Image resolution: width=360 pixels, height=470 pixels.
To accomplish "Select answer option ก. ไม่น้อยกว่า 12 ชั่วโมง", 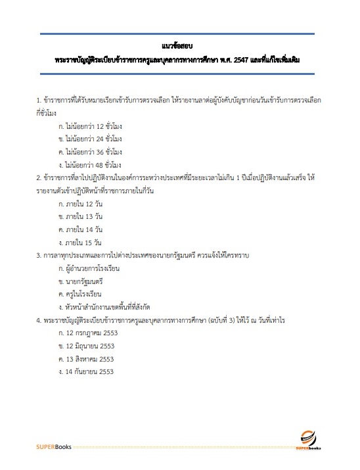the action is pyautogui.click(x=90, y=126).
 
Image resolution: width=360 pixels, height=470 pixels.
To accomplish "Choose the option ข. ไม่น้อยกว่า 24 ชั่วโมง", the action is pyautogui.click(x=90, y=139).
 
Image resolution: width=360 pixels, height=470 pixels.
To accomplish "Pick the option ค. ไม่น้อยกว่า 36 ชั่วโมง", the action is pyautogui.click(x=90, y=152).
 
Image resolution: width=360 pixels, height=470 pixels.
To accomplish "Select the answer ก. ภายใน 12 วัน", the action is pyautogui.click(x=81, y=204).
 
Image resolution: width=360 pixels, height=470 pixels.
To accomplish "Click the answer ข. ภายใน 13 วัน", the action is pyautogui.click(x=81, y=216).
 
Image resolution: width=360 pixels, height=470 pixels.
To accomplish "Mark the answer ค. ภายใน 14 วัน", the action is pyautogui.click(x=81, y=229).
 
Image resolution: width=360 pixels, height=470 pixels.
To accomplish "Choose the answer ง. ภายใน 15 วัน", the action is pyautogui.click(x=81, y=243).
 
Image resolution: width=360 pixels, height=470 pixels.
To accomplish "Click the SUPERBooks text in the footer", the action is pyautogui.click(x=55, y=447).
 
